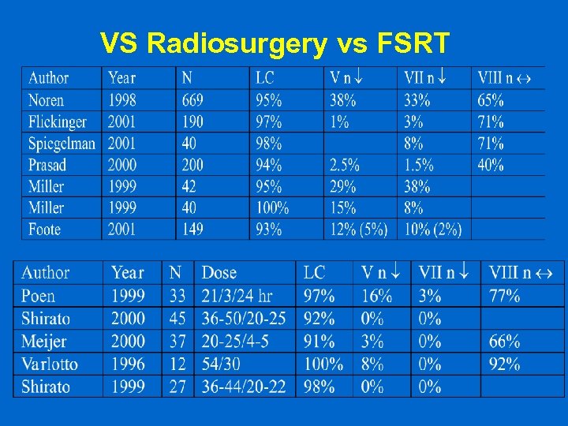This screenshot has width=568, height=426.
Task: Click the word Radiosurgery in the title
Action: (236, 44)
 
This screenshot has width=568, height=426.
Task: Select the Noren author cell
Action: (47, 100)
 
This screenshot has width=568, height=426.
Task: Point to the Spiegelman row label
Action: (62, 144)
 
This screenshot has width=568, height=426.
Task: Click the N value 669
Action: (192, 100)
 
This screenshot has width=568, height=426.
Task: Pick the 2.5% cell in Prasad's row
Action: (345, 165)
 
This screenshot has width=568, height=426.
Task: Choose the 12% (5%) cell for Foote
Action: (359, 230)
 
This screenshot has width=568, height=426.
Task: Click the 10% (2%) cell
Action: (432, 230)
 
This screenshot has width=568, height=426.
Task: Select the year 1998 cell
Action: (122, 100)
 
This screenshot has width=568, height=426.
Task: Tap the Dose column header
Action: (219, 272)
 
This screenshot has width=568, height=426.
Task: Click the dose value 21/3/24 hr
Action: (237, 296)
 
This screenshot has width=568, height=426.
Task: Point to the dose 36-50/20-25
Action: (244, 319)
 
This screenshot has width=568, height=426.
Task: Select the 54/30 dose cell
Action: (222, 364)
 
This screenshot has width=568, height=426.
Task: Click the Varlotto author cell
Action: (53, 364)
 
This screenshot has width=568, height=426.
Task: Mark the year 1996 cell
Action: (128, 364)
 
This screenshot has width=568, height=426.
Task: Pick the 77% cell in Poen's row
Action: (504, 296)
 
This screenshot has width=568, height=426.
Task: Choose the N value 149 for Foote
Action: (192, 230)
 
